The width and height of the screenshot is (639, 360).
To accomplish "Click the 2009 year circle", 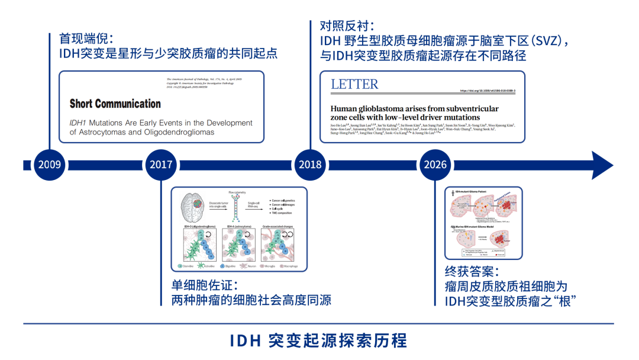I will pyautogui.click(x=49, y=164).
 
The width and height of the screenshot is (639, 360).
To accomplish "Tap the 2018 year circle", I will pyautogui.click(x=312, y=164).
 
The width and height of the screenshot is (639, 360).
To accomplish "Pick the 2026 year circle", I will pyautogui.click(x=435, y=164).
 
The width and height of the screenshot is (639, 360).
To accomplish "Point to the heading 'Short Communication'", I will pyautogui.click(x=115, y=104).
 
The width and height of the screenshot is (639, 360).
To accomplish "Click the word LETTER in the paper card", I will pyautogui.click(x=354, y=85).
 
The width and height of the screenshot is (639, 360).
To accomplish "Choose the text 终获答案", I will pyautogui.click(x=469, y=273).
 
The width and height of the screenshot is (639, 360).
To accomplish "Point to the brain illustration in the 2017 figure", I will pyautogui.click(x=193, y=205).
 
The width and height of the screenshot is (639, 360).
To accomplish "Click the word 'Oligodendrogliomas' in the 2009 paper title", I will pyautogui.click(x=180, y=132).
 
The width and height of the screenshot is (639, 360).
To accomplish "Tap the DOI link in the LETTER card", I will pyautogui.click(x=488, y=91).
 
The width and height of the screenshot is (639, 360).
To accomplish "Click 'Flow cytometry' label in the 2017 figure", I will pyautogui.click(x=240, y=193).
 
